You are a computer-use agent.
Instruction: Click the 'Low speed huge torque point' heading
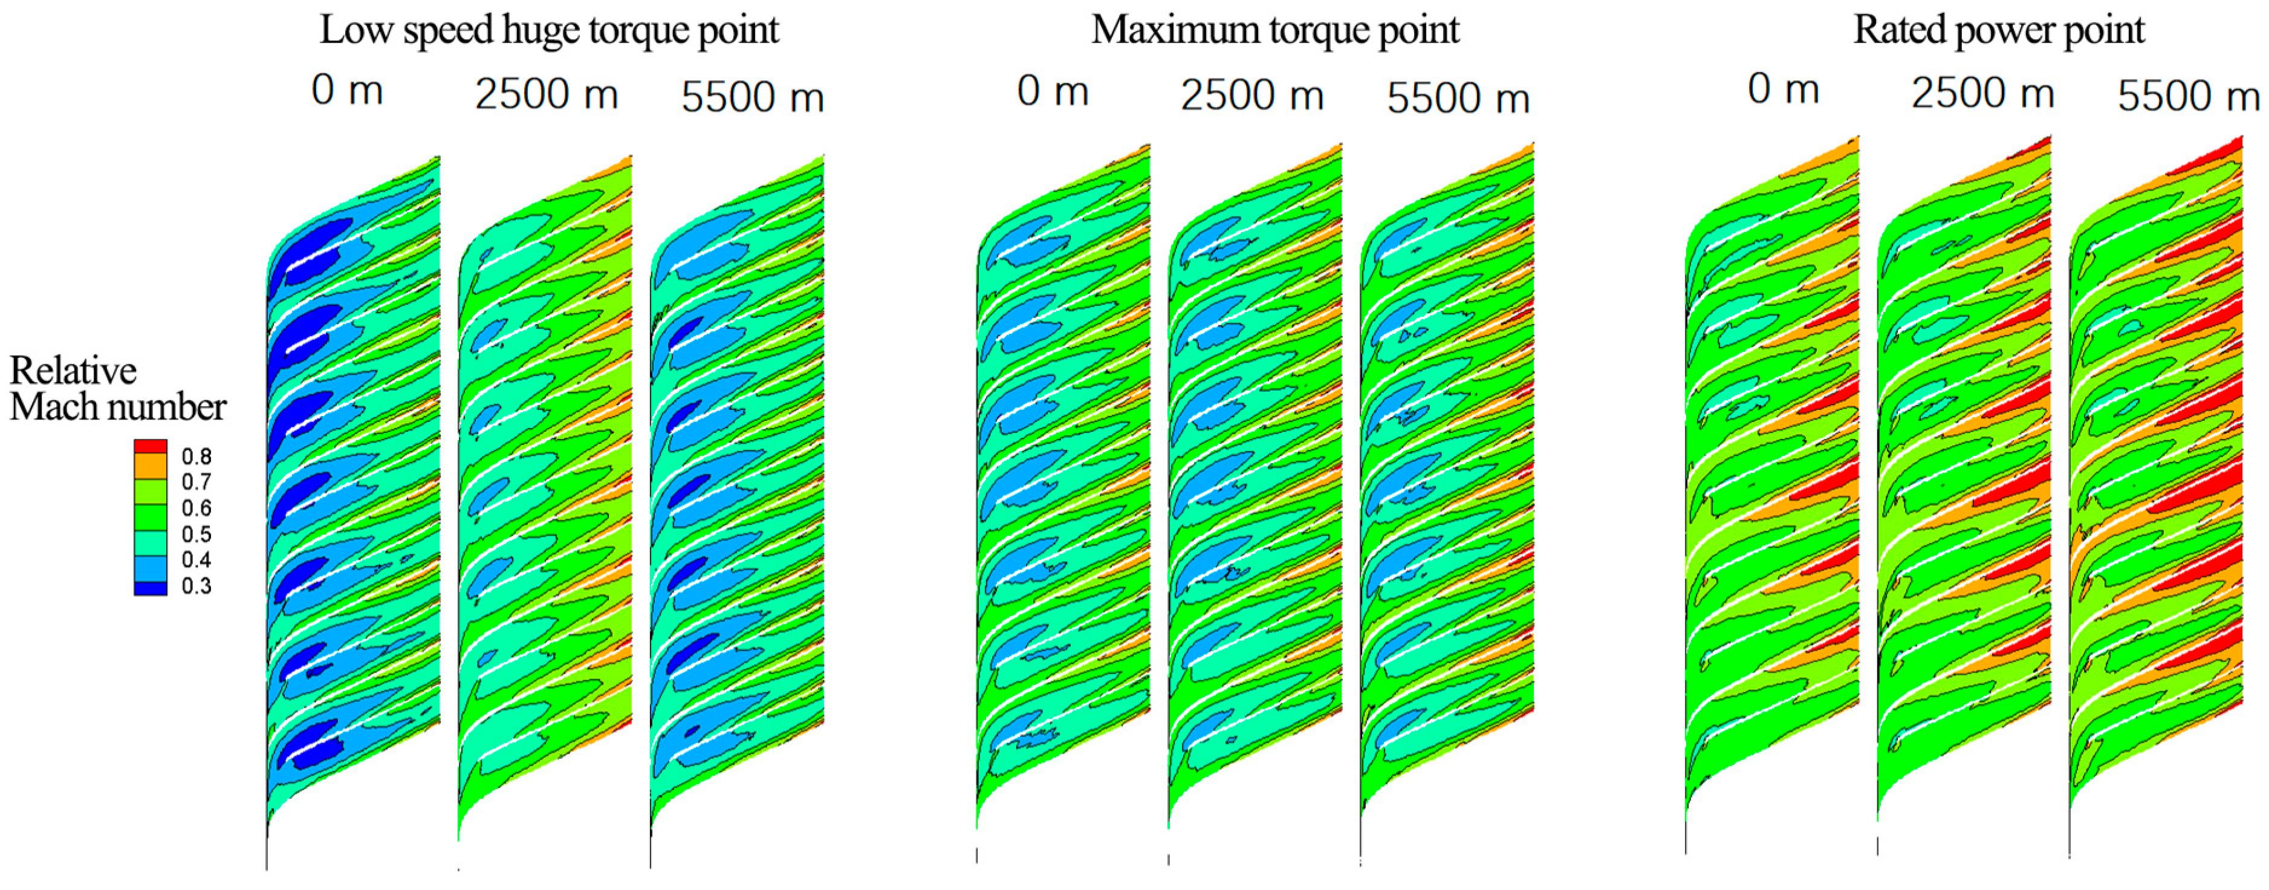tap(549, 31)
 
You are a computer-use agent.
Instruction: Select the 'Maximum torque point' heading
tap(1274, 31)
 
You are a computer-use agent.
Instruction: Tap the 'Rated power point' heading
tap(1999, 31)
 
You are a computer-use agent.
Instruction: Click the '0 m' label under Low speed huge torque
tap(347, 91)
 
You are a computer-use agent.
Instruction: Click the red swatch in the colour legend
tap(151, 447)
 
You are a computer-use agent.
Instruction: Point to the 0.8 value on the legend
tap(196, 456)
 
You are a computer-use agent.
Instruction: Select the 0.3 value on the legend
tap(196, 586)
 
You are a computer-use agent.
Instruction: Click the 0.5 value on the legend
tap(196, 534)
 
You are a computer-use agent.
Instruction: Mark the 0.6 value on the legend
tap(196, 508)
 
